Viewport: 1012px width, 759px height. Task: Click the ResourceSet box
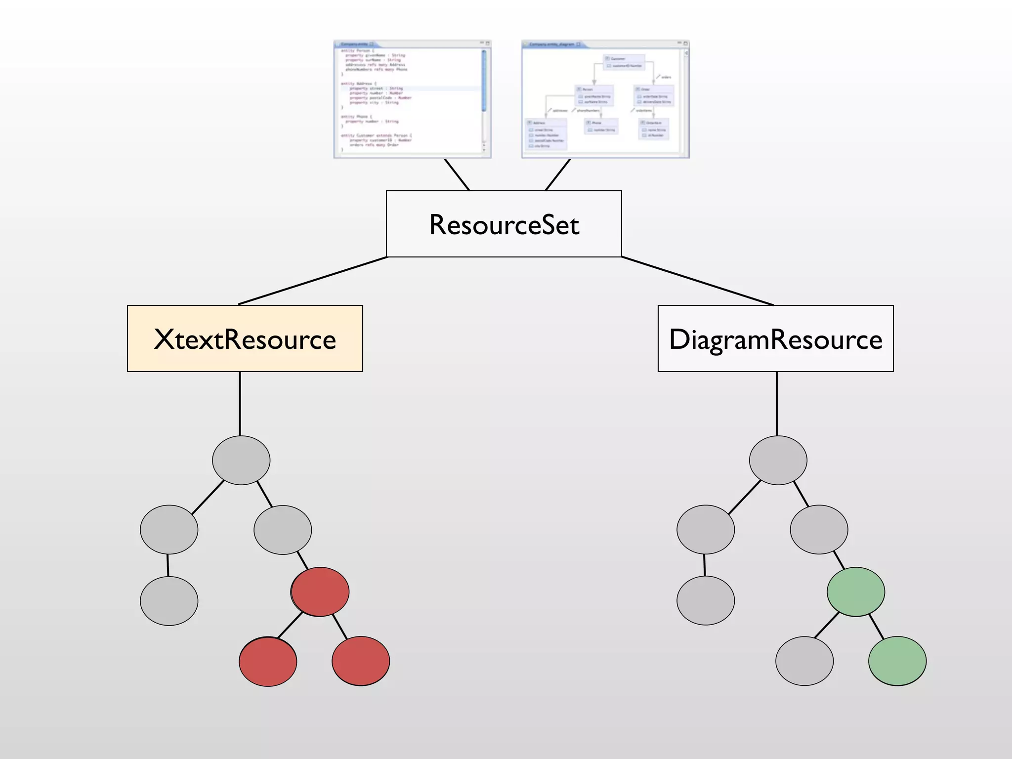504,224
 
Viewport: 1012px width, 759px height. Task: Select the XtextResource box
245,338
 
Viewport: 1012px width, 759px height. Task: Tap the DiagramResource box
775,338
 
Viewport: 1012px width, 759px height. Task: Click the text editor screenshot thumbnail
412,99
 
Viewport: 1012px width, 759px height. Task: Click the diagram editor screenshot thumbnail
605,99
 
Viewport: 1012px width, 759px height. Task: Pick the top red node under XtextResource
320,591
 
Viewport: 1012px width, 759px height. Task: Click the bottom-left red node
268,661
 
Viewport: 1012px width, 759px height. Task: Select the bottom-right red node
361,661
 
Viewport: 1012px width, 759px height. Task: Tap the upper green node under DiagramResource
856,591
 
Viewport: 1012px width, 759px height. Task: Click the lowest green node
897,661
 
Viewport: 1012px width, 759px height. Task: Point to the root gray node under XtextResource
241,460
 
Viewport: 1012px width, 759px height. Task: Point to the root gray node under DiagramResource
778,460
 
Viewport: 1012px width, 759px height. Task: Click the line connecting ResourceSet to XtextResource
312,281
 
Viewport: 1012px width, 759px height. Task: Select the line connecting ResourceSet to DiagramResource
697,281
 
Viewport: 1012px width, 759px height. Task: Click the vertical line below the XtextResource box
240,403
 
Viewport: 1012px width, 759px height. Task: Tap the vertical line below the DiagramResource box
777,403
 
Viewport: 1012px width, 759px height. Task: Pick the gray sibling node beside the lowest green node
804,661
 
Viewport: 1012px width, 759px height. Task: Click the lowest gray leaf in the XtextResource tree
169,601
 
